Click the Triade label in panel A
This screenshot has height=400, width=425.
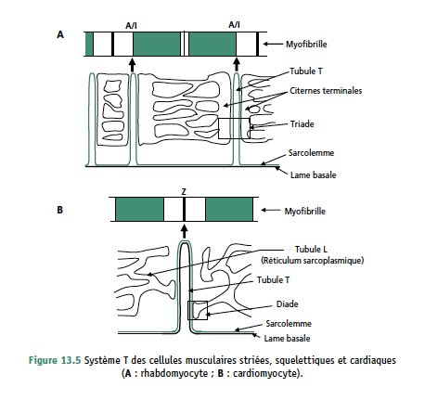302,124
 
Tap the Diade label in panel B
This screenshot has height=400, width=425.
287,304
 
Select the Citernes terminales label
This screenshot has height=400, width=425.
326,91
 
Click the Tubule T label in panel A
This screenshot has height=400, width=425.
306,71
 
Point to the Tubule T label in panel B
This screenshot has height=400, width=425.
274,280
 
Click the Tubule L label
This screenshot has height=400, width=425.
311,249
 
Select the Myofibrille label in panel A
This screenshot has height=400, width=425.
306,45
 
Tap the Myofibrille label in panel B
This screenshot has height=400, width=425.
305,212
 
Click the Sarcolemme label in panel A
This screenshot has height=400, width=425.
311,153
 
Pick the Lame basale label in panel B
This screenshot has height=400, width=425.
287,339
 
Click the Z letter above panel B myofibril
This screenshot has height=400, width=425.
184,192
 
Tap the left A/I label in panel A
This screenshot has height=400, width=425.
131,26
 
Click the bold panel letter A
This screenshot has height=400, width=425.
60,34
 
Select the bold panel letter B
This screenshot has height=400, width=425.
60,210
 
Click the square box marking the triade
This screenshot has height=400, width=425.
234,118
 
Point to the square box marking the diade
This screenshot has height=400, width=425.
198,302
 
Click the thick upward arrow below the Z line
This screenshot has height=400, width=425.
185,231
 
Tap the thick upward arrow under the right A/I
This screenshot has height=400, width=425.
237,64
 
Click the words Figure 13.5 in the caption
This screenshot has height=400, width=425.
55,360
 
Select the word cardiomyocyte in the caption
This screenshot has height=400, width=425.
264,373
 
